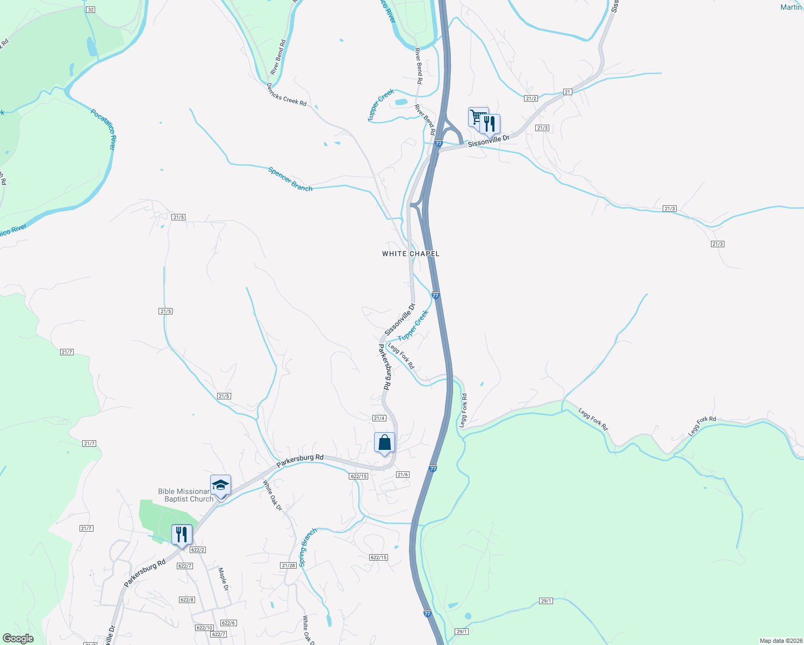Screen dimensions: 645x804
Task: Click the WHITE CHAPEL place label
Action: (411, 254)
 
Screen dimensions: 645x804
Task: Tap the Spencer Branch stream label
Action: (290, 179)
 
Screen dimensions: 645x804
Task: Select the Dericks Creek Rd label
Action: (286, 95)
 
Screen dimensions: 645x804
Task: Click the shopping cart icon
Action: (477, 116)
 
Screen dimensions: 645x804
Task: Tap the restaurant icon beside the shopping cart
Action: (489, 124)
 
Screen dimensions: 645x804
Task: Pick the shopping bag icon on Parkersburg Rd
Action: (384, 443)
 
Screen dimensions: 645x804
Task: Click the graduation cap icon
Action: (220, 485)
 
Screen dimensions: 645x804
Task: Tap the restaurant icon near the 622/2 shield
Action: (182, 535)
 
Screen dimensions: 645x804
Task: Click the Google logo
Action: (18, 639)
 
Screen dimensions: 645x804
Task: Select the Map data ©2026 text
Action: (779, 641)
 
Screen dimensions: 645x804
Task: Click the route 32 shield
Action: (90, 10)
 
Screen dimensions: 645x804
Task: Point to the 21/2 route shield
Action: (531, 98)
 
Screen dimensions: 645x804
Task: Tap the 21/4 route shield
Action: (379, 418)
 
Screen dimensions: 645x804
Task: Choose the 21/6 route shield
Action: (403, 475)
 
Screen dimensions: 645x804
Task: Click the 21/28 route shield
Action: (288, 565)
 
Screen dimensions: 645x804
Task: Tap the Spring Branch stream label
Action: (308, 548)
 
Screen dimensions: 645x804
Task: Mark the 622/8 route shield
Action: (186, 600)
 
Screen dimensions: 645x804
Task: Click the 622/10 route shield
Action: (204, 628)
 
